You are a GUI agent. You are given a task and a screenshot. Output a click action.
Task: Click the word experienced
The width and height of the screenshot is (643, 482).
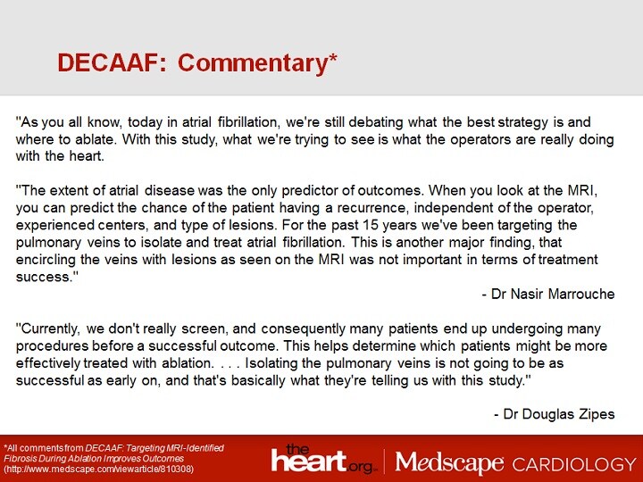click(x=57, y=225)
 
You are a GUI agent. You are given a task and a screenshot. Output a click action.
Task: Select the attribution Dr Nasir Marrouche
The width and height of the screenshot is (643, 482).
click(x=547, y=295)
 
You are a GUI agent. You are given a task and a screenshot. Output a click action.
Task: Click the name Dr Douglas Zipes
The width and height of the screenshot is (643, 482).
click(x=554, y=414)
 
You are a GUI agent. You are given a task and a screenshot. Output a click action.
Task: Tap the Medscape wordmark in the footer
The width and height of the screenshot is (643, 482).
click(x=449, y=462)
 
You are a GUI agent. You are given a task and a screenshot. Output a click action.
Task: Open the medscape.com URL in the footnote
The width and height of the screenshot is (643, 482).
click(x=98, y=469)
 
